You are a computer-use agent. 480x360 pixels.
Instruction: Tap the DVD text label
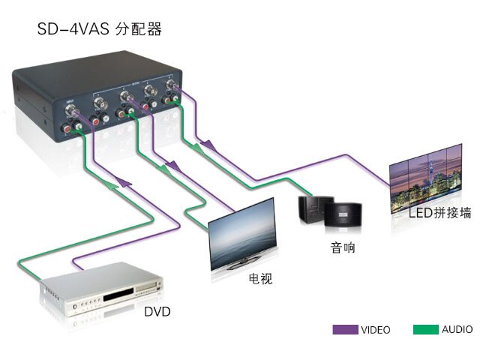(x=158, y=309)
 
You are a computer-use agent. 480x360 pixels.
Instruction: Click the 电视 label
(x=260, y=279)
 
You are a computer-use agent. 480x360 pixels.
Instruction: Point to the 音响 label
(x=342, y=247)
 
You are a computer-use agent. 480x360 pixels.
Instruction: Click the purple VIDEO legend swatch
(x=345, y=329)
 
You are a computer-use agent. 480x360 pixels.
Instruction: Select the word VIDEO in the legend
(x=375, y=329)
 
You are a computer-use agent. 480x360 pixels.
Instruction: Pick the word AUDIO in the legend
(x=457, y=329)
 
